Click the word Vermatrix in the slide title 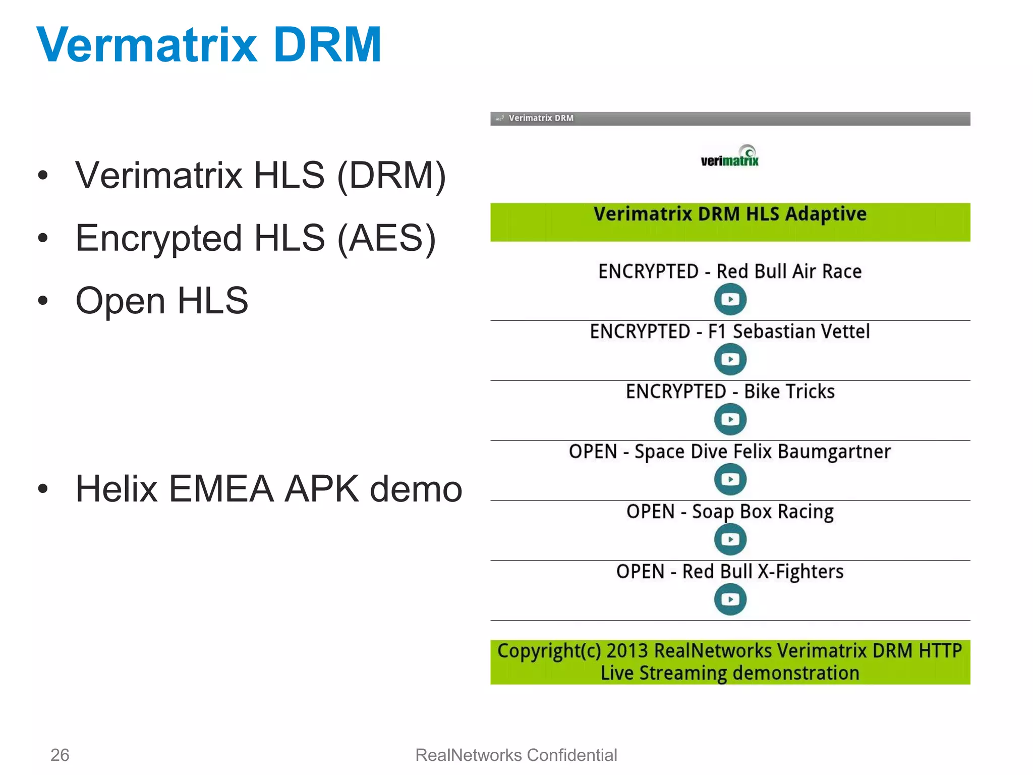point(147,45)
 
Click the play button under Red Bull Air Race point(730,299)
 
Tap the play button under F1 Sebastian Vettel point(730,359)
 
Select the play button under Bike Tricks point(730,419)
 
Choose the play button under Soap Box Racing point(730,539)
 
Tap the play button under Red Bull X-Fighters point(730,599)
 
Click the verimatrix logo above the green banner point(730,157)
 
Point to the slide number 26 point(60,755)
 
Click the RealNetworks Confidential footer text point(516,755)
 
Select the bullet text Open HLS point(161,301)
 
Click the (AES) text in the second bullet point(386,238)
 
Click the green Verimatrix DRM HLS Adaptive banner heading point(730,214)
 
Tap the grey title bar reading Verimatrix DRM point(730,119)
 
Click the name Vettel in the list point(845,331)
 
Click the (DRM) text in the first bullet point(391,176)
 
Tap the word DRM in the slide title point(327,45)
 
